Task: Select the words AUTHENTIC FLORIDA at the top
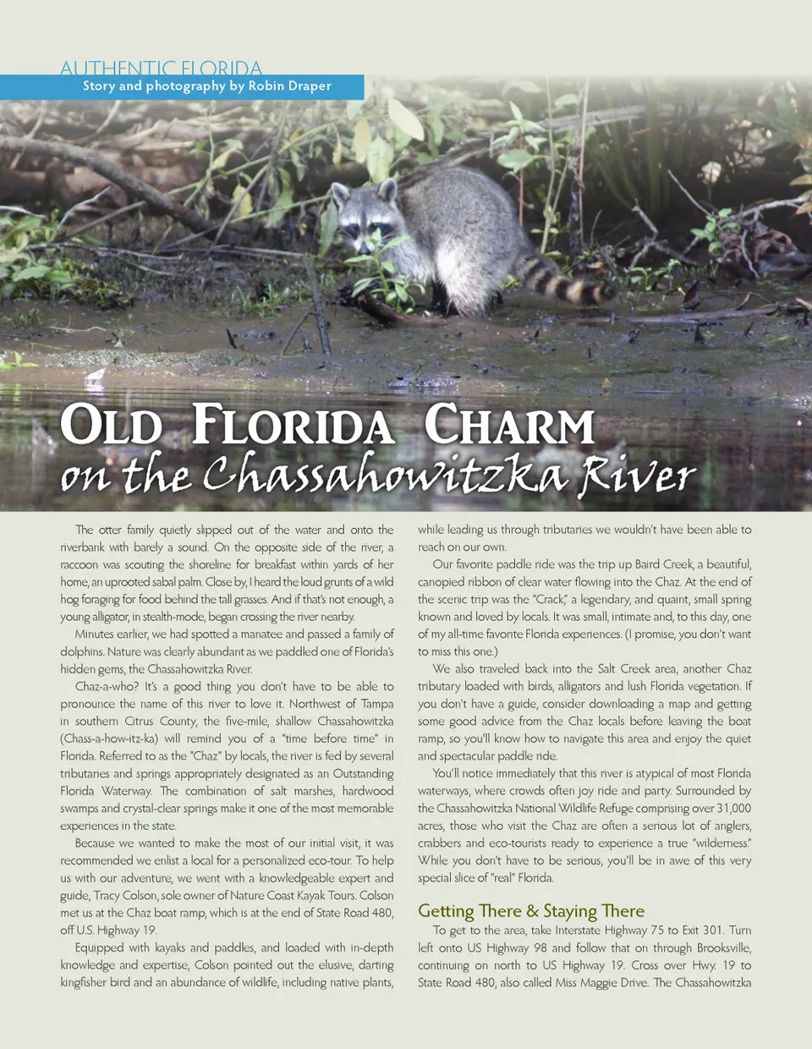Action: [161, 69]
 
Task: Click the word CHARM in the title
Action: [509, 425]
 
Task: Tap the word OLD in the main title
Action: [111, 425]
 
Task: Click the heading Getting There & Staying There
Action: [530, 911]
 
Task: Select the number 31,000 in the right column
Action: [732, 808]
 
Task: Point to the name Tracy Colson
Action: [118, 895]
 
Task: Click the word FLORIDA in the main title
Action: [293, 425]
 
